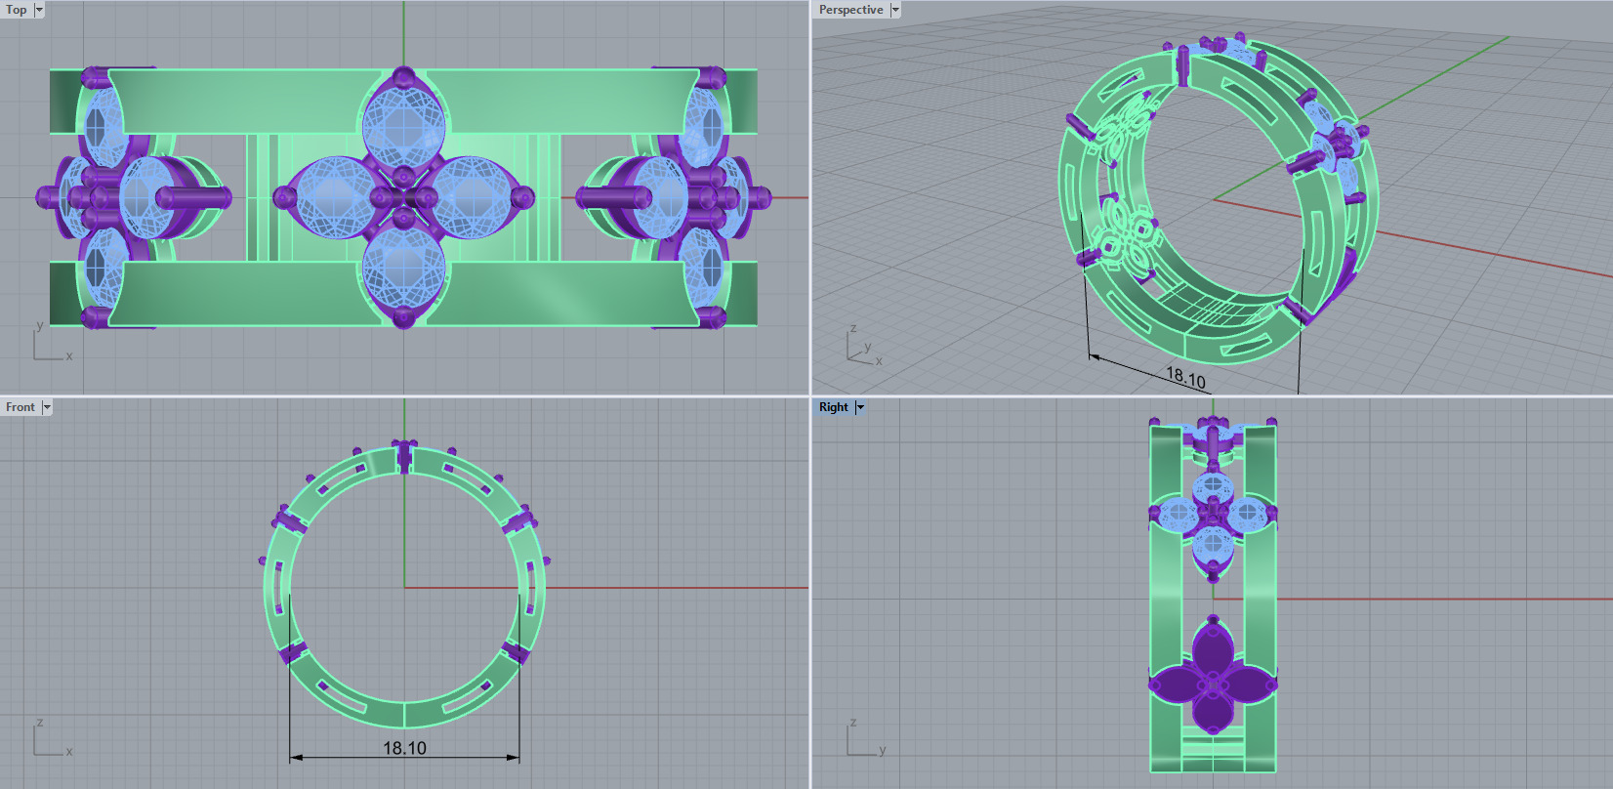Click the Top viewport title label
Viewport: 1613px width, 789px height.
(17, 10)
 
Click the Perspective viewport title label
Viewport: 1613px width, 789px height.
(850, 10)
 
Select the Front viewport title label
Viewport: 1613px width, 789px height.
(20, 407)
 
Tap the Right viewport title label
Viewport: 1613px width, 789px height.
(833, 407)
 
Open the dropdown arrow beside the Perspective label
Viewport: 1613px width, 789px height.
(895, 10)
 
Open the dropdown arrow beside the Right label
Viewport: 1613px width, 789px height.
(860, 407)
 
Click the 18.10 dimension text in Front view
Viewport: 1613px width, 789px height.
(404, 748)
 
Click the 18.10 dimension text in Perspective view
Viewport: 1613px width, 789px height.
(1185, 377)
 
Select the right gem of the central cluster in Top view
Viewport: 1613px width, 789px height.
(474, 197)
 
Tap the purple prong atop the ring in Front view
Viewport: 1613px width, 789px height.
(404, 455)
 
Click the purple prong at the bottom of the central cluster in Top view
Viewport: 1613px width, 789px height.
(404, 316)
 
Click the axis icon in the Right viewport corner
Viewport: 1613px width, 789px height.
(860, 740)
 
